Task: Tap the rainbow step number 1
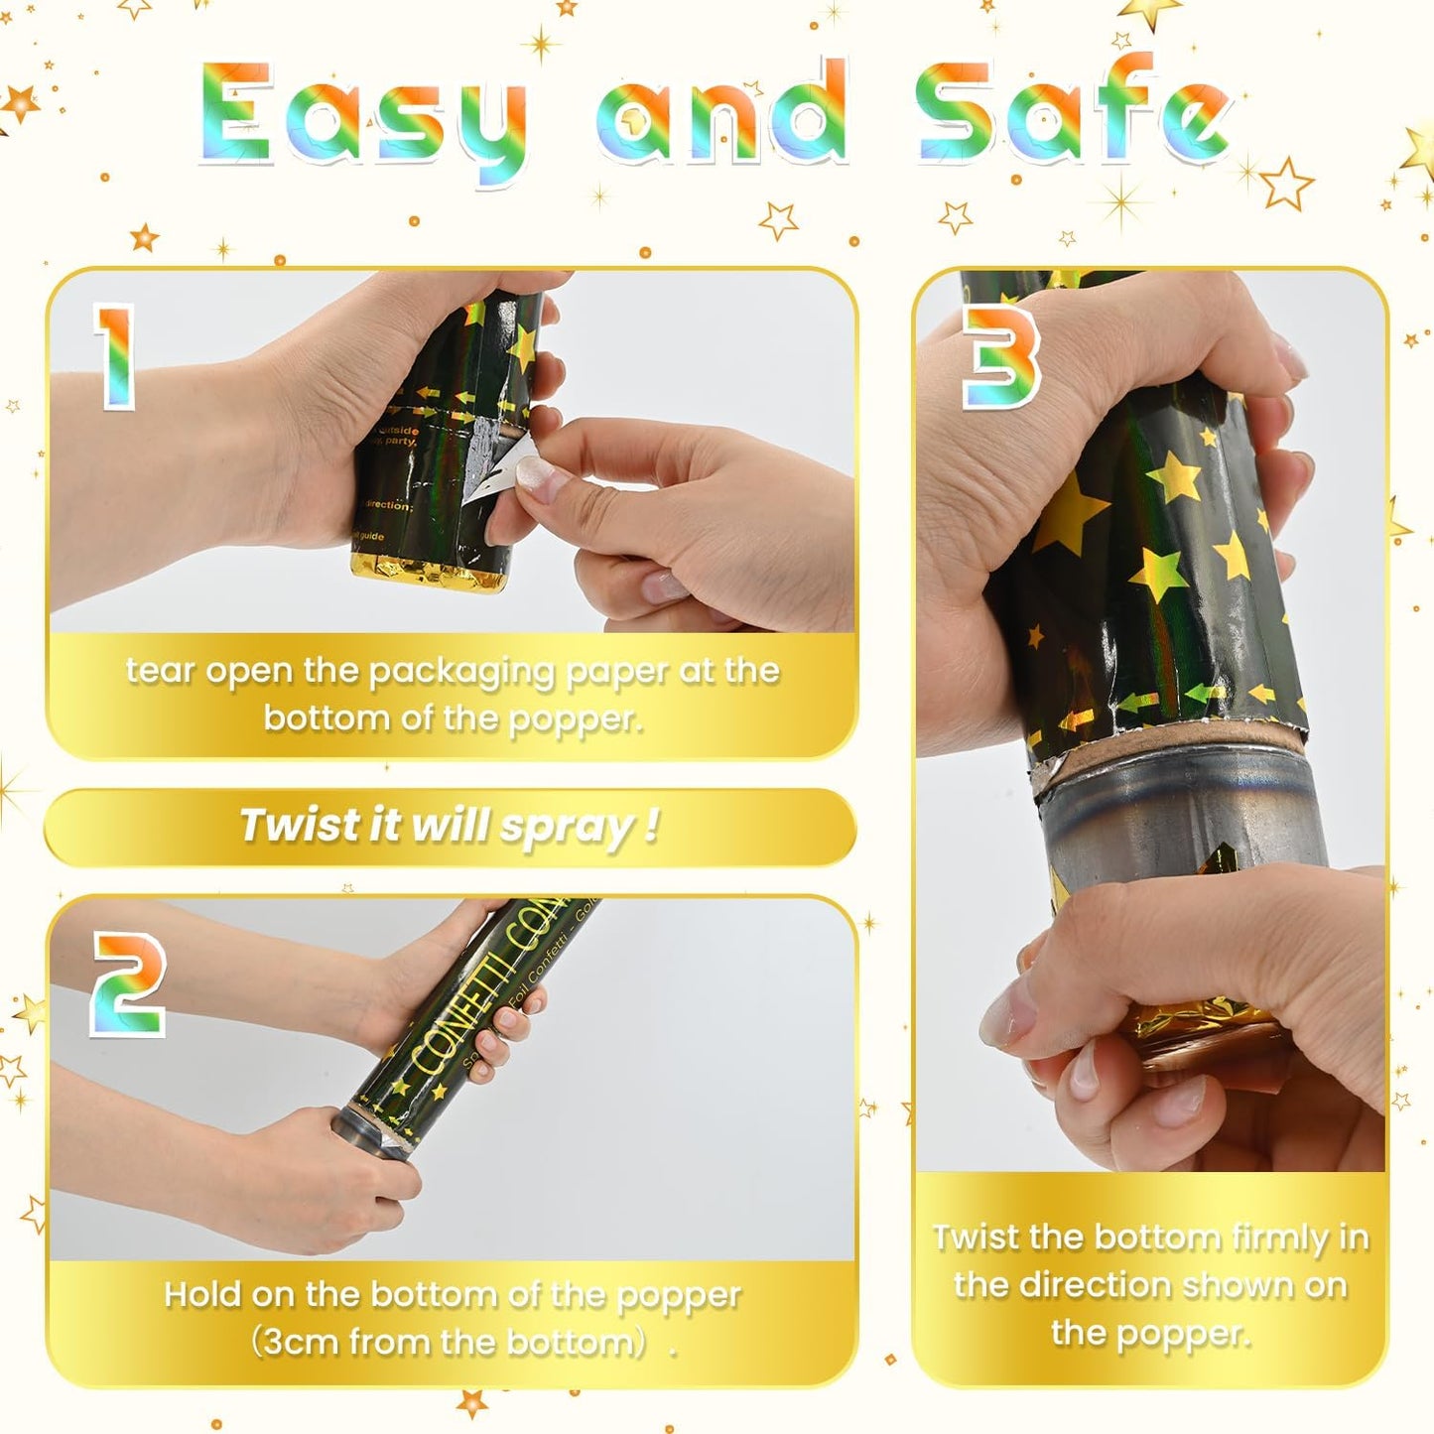tap(114, 355)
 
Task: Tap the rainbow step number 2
tap(128, 984)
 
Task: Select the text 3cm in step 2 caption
tap(298, 1342)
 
